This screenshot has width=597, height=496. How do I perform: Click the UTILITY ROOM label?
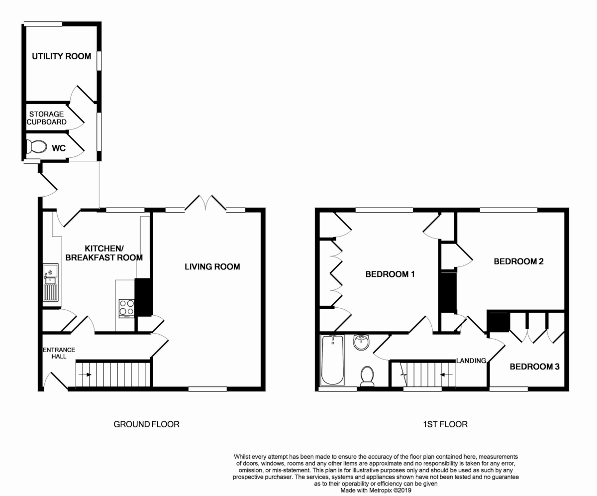(x=62, y=56)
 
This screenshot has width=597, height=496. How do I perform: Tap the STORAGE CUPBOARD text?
(x=47, y=118)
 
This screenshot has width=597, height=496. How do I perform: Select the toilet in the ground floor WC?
(x=36, y=147)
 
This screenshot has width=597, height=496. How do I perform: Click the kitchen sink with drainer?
(x=51, y=282)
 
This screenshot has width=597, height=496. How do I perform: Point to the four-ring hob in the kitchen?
(x=127, y=307)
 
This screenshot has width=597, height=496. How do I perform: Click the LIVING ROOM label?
(x=212, y=267)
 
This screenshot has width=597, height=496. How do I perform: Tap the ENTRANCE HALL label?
(x=59, y=353)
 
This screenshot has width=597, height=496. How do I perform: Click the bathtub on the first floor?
(x=332, y=360)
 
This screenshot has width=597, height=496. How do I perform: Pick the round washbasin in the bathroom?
(x=362, y=342)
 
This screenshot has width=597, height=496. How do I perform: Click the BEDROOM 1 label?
(x=390, y=274)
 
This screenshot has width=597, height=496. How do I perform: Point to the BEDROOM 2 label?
(x=519, y=261)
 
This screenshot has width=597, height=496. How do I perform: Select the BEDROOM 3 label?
(x=535, y=367)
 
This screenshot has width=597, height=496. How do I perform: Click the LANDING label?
(x=471, y=361)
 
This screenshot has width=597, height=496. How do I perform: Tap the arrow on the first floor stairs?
(x=446, y=374)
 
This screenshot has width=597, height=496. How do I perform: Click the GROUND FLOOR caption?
(x=146, y=424)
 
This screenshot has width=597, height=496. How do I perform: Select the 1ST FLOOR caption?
(x=445, y=424)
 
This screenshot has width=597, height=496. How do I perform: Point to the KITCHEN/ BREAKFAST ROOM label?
(x=104, y=253)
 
